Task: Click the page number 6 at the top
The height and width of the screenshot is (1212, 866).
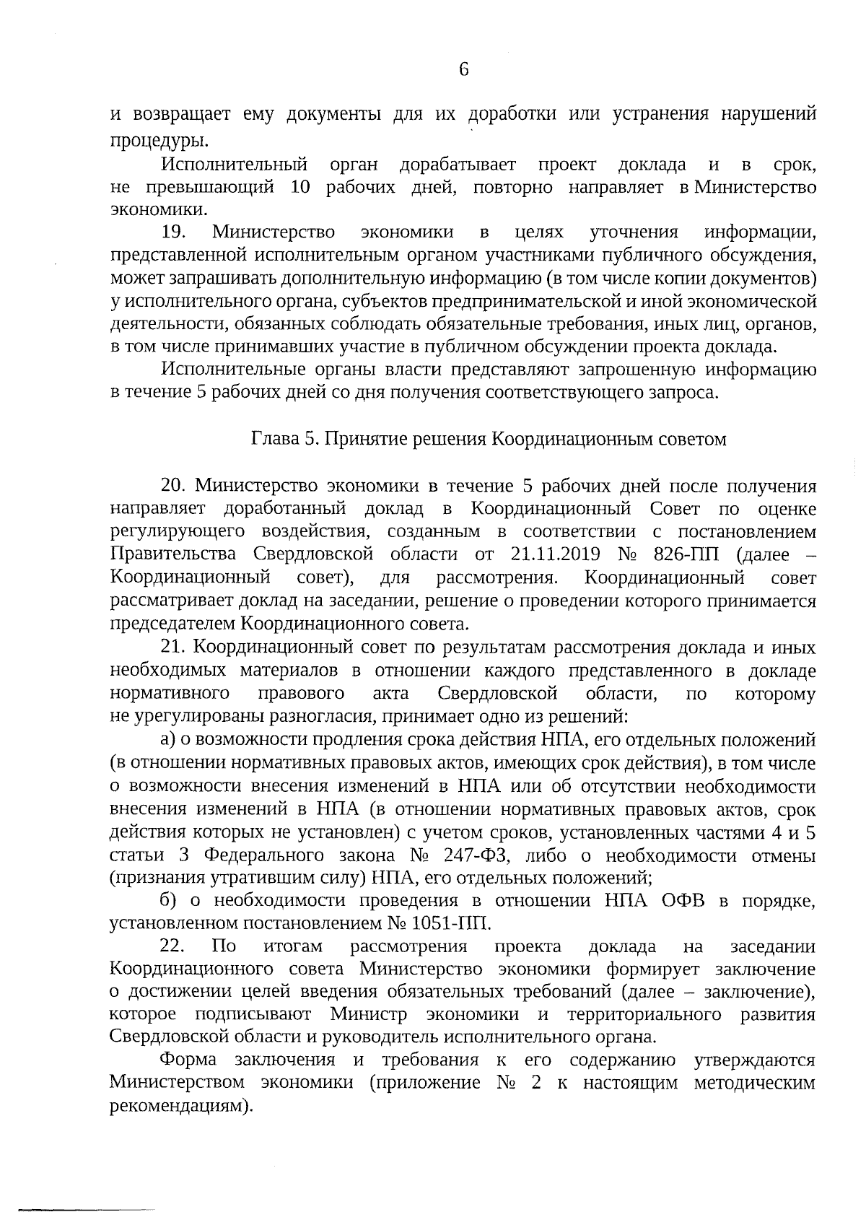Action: click(463, 69)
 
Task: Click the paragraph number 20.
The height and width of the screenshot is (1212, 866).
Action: click(174, 485)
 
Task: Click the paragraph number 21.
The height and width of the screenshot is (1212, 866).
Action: click(174, 648)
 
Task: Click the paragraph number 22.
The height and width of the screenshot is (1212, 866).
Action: click(173, 946)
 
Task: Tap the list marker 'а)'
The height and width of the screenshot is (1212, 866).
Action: click(168, 740)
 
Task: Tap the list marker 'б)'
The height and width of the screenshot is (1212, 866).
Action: click(169, 901)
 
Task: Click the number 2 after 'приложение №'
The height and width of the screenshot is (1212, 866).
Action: click(534, 1084)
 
